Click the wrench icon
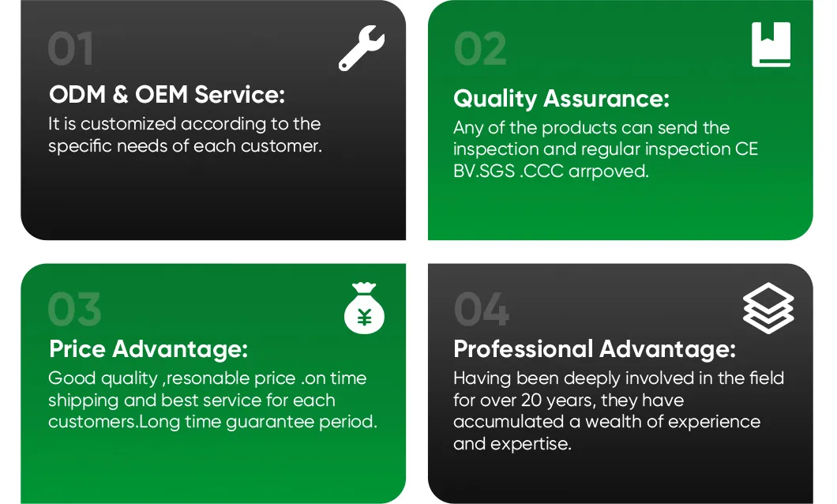click(361, 49)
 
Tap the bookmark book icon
click(771, 45)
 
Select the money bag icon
click(364, 309)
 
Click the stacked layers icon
click(768, 309)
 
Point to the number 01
click(70, 49)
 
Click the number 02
click(480, 49)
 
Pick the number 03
click(74, 310)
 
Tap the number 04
click(482, 310)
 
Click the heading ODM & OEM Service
click(167, 95)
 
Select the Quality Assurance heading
click(561, 99)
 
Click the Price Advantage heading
click(148, 349)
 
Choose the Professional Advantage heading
click(595, 349)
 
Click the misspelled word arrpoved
click(609, 171)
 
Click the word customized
click(128, 124)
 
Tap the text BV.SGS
click(484, 171)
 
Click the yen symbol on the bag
click(365, 318)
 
